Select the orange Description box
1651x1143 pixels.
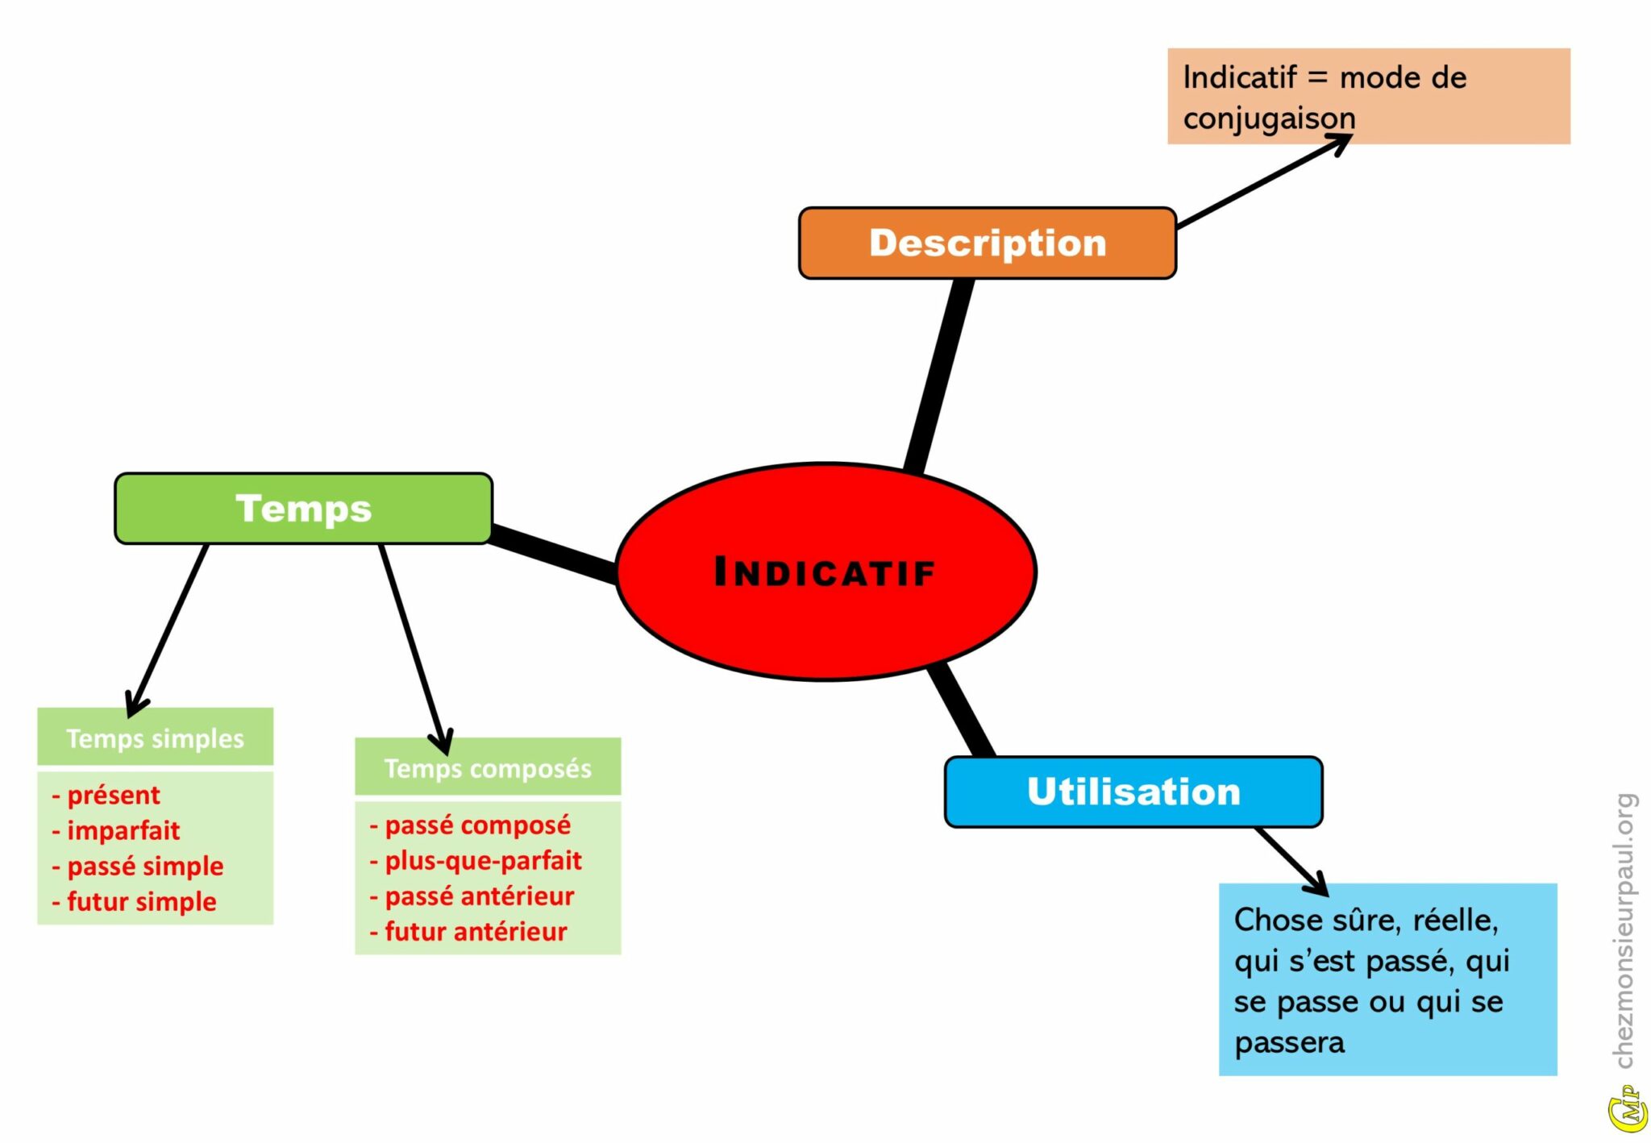click(x=987, y=243)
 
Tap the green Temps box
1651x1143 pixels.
click(x=303, y=508)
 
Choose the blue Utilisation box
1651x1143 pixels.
click(x=1133, y=792)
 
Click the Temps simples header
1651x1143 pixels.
click(x=155, y=738)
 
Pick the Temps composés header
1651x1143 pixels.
click(x=488, y=767)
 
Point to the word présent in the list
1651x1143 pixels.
click(x=113, y=795)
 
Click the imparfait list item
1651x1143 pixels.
click(x=123, y=830)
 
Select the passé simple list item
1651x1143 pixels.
click(x=145, y=866)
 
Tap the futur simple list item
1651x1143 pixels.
click(x=141, y=901)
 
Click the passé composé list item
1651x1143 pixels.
click(x=477, y=825)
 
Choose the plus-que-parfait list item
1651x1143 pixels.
click(x=483, y=860)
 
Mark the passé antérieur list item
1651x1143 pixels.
click(x=479, y=896)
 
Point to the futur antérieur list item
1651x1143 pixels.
click(x=476, y=931)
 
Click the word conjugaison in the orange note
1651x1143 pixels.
click(x=1269, y=118)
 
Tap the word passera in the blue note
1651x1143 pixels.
click(x=1289, y=1042)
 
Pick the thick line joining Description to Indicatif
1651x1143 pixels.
click(x=939, y=375)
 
